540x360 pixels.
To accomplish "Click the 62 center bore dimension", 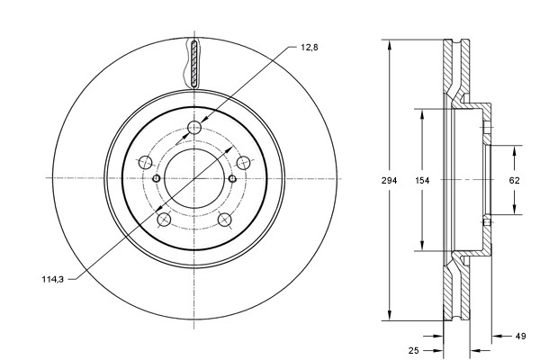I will pos(515,181).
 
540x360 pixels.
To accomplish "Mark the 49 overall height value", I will pos(519,337).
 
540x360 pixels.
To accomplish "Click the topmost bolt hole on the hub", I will pos(194,128).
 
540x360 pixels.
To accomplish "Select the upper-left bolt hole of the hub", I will pos(144,163).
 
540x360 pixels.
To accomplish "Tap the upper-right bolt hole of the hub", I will pos(243,163).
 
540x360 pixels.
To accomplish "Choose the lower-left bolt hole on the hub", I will pos(163,220).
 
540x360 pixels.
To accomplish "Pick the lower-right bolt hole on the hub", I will pos(224,220).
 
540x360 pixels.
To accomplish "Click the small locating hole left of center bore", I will pos(156,178).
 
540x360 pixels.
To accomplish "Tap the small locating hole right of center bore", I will pos(232,178).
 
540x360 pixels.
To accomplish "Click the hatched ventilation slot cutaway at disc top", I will pos(194,62).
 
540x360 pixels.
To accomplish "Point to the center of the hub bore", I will pos(193,178).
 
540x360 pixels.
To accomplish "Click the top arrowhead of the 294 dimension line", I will pos(389,43).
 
